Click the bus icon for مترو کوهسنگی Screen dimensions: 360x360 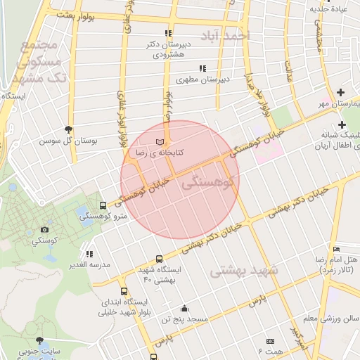tap(104, 206)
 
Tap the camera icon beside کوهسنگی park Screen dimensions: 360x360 tap(45, 229)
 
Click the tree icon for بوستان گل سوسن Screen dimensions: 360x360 tap(68, 129)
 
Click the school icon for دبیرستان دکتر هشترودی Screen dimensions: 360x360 tap(167, 33)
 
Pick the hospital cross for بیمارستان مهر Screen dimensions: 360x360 tap(341, 92)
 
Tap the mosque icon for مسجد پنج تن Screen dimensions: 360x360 tap(184, 308)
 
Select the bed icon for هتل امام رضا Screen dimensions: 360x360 tap(337, 249)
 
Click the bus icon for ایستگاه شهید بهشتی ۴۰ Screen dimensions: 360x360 tap(159, 259)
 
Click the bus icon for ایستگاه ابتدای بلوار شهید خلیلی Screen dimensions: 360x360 tap(124, 291)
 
